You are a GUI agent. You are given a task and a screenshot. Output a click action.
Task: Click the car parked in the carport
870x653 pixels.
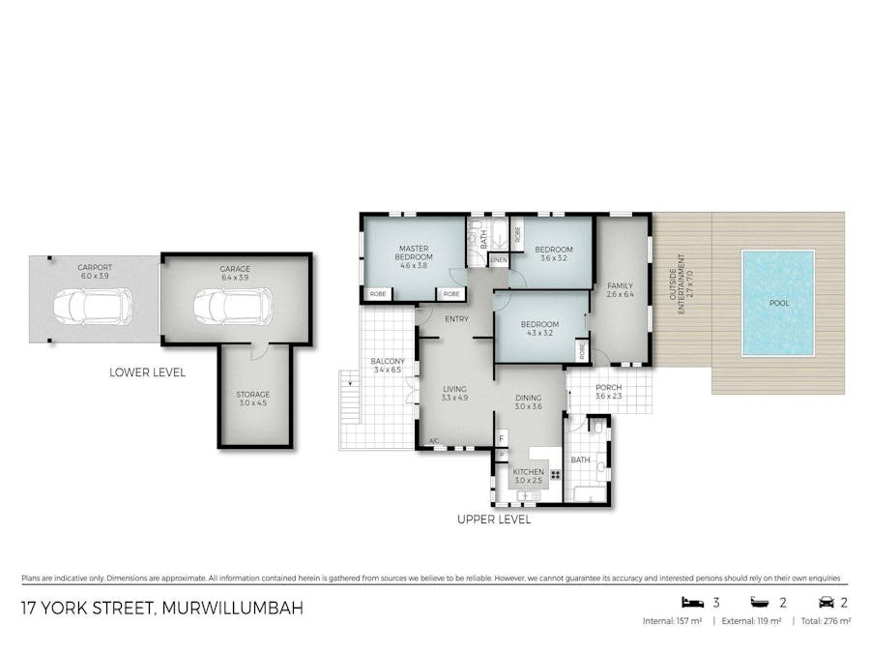93,306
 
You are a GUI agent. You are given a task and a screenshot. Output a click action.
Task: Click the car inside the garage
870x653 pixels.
233,306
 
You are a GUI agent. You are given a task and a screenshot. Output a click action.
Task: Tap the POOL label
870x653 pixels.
779,303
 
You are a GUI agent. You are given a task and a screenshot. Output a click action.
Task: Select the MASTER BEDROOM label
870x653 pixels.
414,252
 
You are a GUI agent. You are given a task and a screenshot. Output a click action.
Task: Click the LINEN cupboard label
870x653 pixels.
499,260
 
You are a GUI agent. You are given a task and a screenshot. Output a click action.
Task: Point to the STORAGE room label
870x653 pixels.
253,395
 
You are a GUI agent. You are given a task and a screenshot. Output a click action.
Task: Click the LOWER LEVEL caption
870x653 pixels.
147,372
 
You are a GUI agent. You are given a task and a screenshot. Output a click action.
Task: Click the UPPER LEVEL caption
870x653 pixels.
494,519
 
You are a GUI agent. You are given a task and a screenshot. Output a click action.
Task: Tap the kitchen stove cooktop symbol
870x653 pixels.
556,475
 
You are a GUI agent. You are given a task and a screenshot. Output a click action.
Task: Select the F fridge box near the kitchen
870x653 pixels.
501,438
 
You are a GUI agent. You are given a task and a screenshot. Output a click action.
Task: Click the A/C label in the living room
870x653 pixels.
434,441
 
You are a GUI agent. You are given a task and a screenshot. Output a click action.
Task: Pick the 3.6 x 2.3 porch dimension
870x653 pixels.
609,396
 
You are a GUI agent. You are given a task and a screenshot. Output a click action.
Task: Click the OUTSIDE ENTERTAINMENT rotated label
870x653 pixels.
678,284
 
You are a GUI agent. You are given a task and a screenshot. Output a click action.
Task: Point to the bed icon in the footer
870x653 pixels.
692,602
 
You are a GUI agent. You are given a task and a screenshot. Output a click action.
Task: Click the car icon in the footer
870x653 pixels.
826,603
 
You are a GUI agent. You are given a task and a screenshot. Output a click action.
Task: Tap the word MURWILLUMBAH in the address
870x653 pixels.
232,608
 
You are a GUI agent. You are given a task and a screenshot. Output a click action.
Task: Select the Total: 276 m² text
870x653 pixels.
826,621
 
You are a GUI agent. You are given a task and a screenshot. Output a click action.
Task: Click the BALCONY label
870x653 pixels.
388,362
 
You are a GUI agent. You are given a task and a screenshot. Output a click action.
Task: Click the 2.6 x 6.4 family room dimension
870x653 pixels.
620,294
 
